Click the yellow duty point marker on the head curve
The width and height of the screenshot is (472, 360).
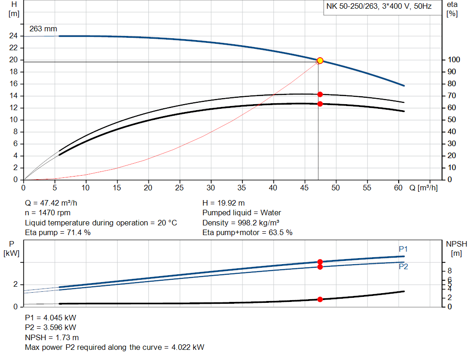point(320,60)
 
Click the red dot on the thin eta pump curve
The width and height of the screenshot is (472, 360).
point(320,94)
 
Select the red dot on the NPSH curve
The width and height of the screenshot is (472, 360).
point(320,300)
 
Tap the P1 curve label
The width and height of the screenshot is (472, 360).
point(403,249)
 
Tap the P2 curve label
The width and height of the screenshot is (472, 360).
point(403,266)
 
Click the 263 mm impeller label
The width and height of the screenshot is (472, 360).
point(43,29)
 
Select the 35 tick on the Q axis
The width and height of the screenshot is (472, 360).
point(242,188)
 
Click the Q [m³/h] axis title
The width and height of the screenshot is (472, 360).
point(423,188)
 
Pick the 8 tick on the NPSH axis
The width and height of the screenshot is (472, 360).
point(450,271)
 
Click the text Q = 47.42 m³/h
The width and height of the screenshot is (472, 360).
point(54,203)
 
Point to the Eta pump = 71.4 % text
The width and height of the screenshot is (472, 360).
point(58,233)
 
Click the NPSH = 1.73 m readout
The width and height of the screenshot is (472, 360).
point(52,337)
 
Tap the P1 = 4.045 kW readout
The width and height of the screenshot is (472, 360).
point(51,318)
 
